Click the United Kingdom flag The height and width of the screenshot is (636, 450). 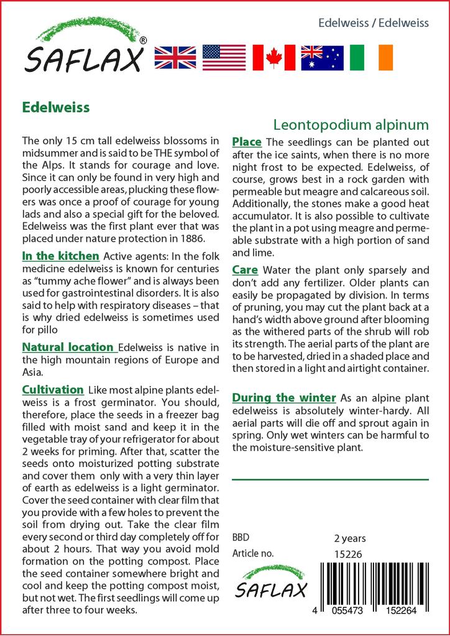coord(175,58)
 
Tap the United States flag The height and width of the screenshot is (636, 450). coord(224,58)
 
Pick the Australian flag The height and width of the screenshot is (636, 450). coord(322,58)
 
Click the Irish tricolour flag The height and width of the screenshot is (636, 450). coord(371,58)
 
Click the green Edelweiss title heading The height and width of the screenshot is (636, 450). coord(56,107)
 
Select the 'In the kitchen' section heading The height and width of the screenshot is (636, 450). coord(60,256)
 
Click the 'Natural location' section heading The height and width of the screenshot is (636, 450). coord(68,347)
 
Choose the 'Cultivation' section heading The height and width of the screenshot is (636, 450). coord(53,390)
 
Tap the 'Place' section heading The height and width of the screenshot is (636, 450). coord(247,142)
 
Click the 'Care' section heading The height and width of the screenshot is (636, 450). coord(246,270)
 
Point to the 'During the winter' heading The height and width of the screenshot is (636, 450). coord(284,397)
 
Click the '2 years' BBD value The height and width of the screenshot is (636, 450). coord(350,538)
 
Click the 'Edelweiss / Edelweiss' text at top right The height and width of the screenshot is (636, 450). coord(373,24)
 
